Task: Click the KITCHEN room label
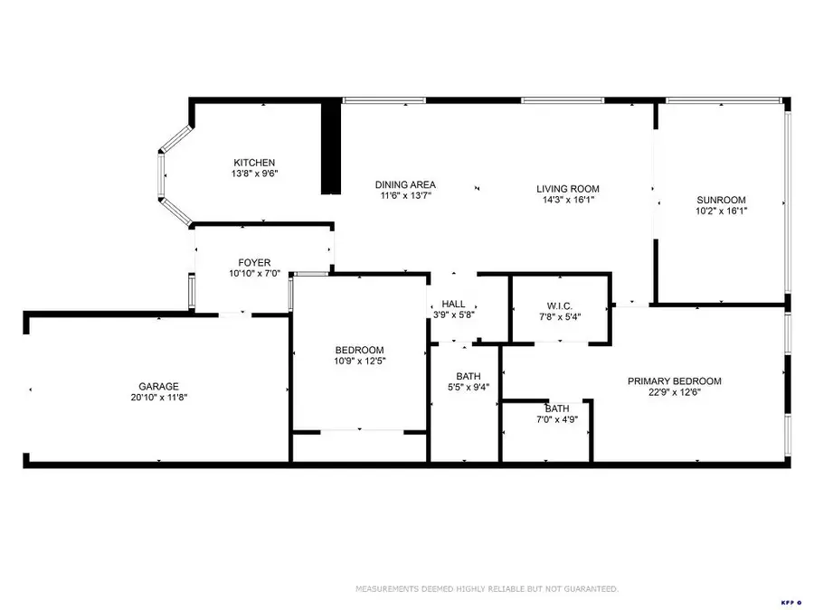(254, 163)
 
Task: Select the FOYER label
(254, 263)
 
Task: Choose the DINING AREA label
(405, 185)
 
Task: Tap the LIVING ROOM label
(570, 189)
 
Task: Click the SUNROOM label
(721, 200)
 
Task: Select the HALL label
(453, 305)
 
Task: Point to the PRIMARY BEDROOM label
(675, 381)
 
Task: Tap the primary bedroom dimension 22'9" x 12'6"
(675, 392)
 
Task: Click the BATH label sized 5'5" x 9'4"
(469, 376)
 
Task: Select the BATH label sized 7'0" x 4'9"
(557, 408)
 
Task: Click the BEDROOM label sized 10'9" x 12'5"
(359, 351)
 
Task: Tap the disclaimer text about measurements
(487, 589)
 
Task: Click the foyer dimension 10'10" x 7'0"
(254, 274)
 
